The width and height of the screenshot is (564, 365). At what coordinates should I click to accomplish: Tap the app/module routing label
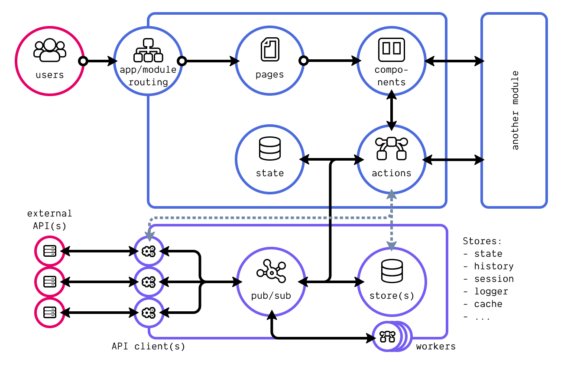tap(148, 76)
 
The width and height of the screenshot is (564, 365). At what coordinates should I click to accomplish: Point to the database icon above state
tap(269, 149)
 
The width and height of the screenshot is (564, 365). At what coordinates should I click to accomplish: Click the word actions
tap(391, 173)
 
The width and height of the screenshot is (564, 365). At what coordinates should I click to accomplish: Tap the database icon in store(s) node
tap(392, 271)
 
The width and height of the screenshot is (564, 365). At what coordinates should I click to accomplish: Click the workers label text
tap(436, 346)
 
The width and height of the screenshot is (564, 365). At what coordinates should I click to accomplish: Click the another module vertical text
tap(515, 110)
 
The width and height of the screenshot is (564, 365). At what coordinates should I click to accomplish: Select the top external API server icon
tap(50, 251)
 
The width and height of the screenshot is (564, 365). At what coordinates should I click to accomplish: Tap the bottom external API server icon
tap(50, 312)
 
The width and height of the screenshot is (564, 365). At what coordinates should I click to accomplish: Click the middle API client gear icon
tap(149, 282)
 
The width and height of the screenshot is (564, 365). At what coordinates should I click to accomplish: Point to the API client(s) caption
tap(148, 346)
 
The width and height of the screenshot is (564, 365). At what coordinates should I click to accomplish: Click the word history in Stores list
tap(493, 266)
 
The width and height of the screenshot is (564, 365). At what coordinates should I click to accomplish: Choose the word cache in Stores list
tap(488, 304)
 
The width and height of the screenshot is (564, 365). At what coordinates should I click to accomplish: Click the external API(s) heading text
tap(49, 220)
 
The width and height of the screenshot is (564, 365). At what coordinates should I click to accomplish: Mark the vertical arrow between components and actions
tap(391, 110)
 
